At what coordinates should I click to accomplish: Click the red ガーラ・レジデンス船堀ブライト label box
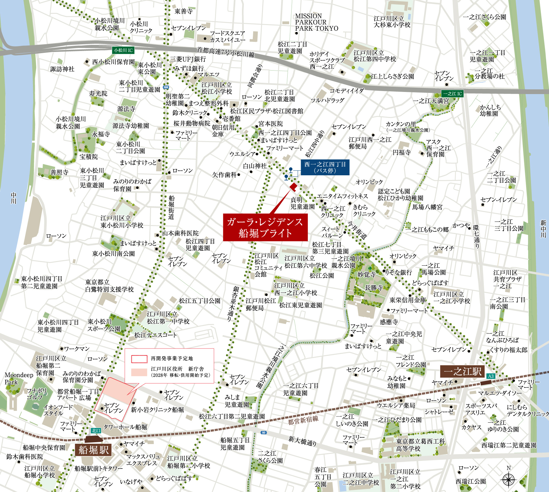click(x=265, y=227)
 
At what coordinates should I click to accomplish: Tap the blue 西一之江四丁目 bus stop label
click(x=325, y=167)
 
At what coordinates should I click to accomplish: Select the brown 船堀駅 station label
click(x=94, y=450)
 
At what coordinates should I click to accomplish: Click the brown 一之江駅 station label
click(x=462, y=371)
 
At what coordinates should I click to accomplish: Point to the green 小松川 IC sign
click(x=123, y=50)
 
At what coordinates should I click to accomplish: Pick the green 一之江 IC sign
click(x=452, y=94)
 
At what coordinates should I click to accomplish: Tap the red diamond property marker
click(x=293, y=187)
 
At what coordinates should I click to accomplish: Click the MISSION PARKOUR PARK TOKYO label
click(x=316, y=22)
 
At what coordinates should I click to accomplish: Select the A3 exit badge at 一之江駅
click(x=491, y=376)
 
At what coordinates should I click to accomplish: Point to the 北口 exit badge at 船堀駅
click(x=96, y=431)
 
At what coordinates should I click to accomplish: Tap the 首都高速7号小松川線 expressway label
click(x=226, y=52)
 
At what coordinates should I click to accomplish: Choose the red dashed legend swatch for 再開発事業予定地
click(x=139, y=359)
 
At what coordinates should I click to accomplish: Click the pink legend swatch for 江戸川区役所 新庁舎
click(x=139, y=372)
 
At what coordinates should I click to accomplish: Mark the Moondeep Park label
click(x=19, y=378)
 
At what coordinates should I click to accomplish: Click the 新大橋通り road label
click(x=302, y=441)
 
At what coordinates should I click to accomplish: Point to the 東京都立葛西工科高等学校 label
click(x=420, y=445)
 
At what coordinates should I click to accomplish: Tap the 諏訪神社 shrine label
click(x=62, y=69)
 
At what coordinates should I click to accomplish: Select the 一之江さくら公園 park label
click(x=484, y=17)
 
